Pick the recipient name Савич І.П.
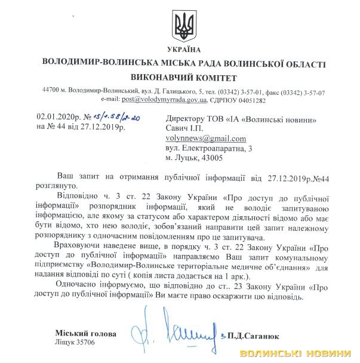[x=186, y=128]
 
